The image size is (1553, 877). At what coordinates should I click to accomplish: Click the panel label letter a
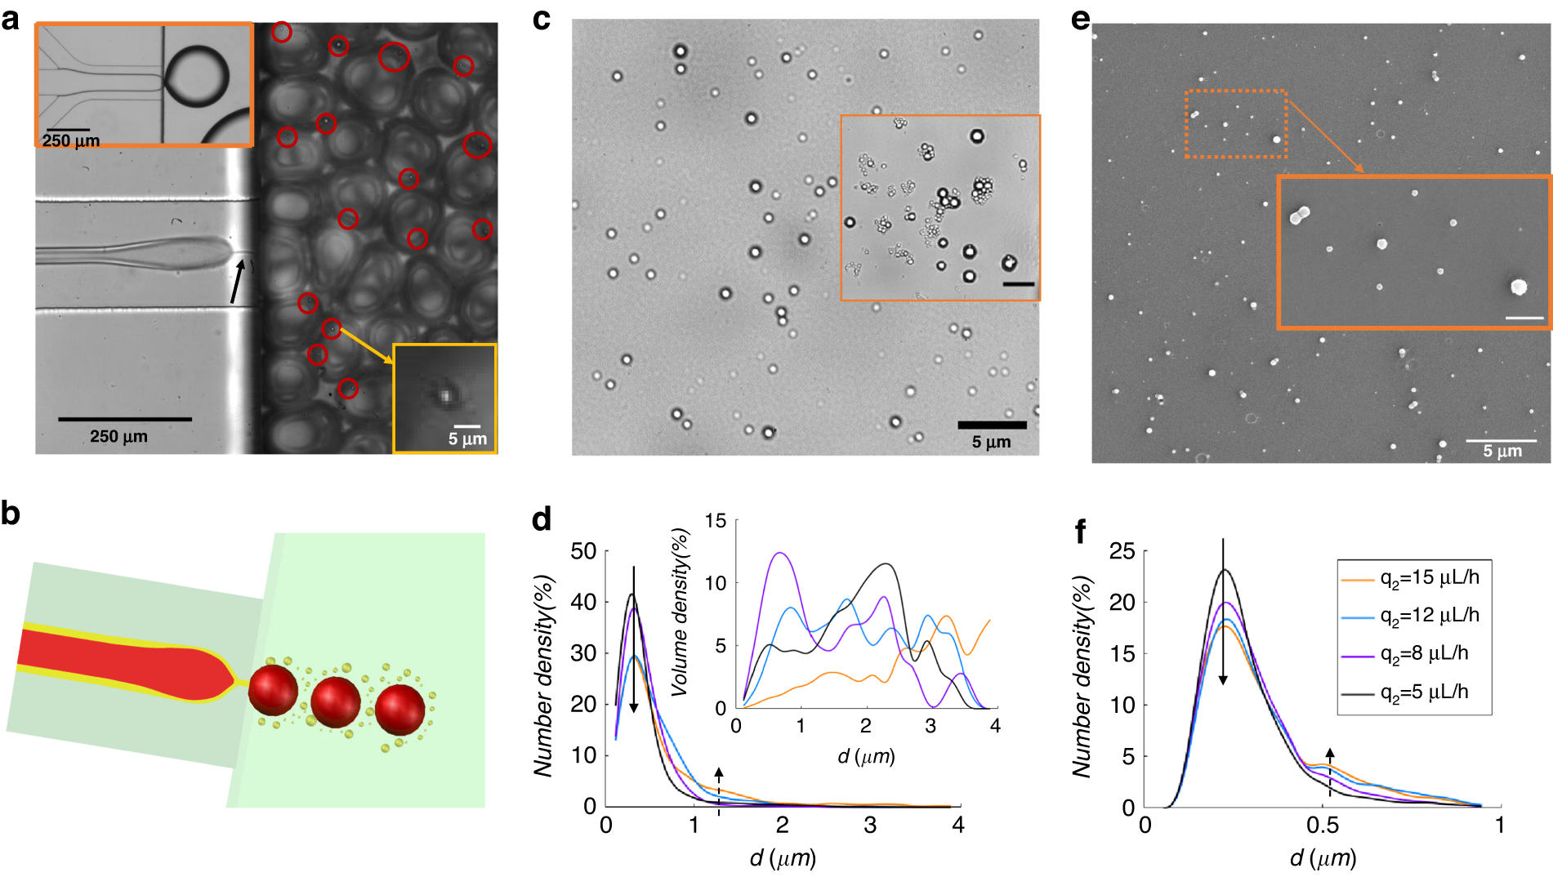pyautogui.click(x=11, y=19)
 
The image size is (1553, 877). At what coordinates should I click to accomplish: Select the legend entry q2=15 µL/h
pyautogui.click(x=1429, y=578)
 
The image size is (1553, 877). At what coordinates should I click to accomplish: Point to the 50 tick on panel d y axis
pyautogui.click(x=583, y=551)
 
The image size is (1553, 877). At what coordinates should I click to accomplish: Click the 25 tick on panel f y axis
pyautogui.click(x=1122, y=551)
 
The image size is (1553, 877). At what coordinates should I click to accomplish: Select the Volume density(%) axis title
pyautogui.click(x=680, y=612)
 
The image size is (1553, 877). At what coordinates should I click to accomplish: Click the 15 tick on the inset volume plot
pyautogui.click(x=716, y=521)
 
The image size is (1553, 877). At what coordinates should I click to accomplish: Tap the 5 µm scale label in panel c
pyautogui.click(x=991, y=443)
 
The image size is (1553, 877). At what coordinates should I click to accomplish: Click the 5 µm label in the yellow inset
pyautogui.click(x=467, y=439)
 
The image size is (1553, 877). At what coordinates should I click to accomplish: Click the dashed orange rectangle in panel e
pyautogui.click(x=1236, y=124)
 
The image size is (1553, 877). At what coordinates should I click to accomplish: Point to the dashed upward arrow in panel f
pyautogui.click(x=1329, y=771)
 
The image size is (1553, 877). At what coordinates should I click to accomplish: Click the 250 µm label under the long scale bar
pyautogui.click(x=118, y=437)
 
